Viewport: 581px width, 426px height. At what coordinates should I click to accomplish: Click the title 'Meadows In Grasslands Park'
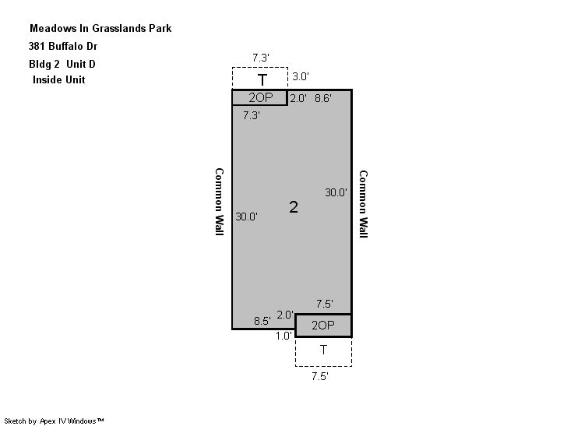pyautogui.click(x=100, y=29)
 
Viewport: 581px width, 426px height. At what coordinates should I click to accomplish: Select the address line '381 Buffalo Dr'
pyautogui.click(x=63, y=46)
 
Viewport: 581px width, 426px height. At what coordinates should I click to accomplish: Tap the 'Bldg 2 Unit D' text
pyautogui.click(x=62, y=64)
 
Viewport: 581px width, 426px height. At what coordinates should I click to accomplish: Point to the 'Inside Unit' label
pyautogui.click(x=59, y=79)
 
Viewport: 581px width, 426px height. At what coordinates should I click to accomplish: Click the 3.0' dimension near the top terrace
pyautogui.click(x=301, y=76)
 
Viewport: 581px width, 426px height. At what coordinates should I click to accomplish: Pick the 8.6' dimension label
pyautogui.click(x=323, y=98)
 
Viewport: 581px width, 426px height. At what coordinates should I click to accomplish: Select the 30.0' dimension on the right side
pyautogui.click(x=336, y=192)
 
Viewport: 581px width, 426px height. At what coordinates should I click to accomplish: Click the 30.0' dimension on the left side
pyautogui.click(x=246, y=217)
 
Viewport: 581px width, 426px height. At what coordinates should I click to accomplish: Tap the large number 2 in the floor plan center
pyautogui.click(x=294, y=207)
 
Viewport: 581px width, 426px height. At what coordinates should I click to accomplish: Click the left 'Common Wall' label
pyautogui.click(x=220, y=202)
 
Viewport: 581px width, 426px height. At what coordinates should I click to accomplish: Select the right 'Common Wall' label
pyautogui.click(x=363, y=204)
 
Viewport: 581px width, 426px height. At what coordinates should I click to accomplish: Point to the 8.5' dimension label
pyautogui.click(x=262, y=321)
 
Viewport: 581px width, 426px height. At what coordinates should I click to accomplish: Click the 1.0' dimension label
pyautogui.click(x=283, y=336)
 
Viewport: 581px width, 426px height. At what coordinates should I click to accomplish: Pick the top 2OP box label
pyautogui.click(x=261, y=97)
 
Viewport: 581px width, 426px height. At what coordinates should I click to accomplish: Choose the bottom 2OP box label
pyautogui.click(x=323, y=326)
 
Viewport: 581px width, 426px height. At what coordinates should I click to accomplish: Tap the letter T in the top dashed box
pyautogui.click(x=262, y=80)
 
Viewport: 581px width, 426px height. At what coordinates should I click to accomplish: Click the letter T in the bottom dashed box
pyautogui.click(x=323, y=350)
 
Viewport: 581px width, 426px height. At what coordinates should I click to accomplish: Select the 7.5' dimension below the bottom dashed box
pyautogui.click(x=320, y=376)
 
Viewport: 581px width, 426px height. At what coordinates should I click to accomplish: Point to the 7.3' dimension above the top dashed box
pyautogui.click(x=261, y=58)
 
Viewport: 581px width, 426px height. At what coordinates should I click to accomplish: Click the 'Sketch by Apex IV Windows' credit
pyautogui.click(x=54, y=421)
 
